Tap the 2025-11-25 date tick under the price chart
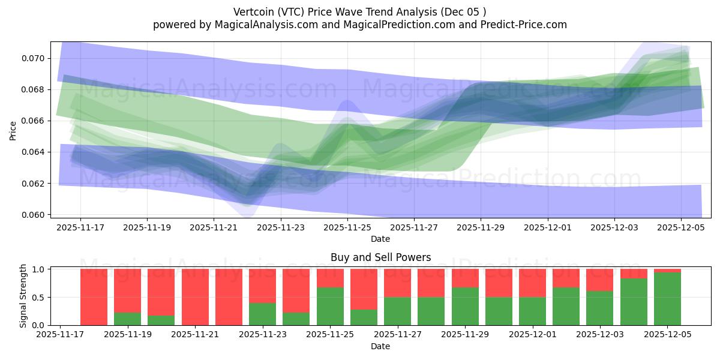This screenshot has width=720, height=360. (x=347, y=227)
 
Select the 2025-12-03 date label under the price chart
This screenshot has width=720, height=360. (x=614, y=227)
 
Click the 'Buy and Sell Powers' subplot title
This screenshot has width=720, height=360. (x=380, y=257)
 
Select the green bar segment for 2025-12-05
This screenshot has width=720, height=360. (x=667, y=299)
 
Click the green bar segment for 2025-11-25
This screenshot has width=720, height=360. (x=330, y=306)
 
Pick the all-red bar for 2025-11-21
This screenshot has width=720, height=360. (x=195, y=297)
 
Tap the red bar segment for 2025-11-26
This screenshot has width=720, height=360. (x=364, y=289)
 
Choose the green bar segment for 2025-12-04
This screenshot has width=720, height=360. (x=634, y=302)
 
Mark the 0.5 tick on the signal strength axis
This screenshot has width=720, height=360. (x=38, y=298)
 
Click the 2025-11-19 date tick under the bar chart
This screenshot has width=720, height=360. (x=127, y=335)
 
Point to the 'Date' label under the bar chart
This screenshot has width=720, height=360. (x=380, y=346)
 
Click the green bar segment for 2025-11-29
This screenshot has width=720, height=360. (x=465, y=306)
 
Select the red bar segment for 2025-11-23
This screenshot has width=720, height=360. (x=262, y=286)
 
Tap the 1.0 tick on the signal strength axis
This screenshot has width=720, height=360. (x=38, y=269)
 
